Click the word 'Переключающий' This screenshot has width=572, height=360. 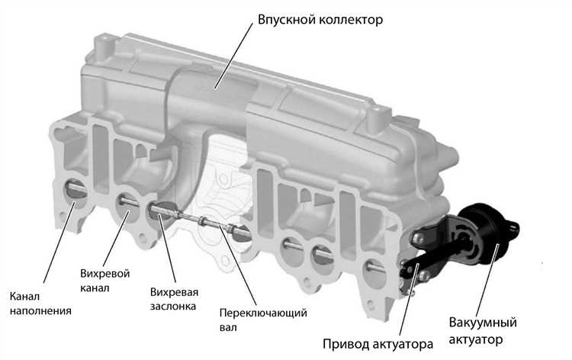pyautogui.click(x=251, y=313)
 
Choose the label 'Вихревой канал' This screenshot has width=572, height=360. pyautogui.click(x=104, y=280)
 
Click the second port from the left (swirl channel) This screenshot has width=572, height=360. pyautogui.click(x=127, y=202)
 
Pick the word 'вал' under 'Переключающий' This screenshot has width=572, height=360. pyautogui.click(x=228, y=328)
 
